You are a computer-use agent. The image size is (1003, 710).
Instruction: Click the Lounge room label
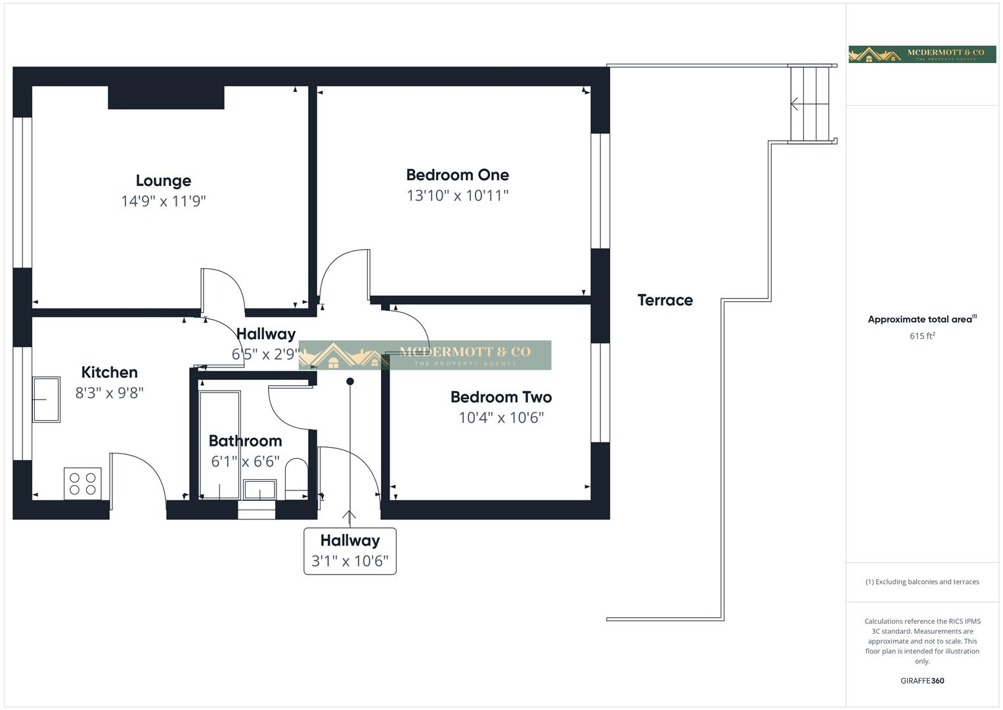click(x=164, y=181)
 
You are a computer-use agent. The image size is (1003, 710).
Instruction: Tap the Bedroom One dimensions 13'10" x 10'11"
click(x=458, y=195)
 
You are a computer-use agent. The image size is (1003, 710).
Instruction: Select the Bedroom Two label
click(x=501, y=397)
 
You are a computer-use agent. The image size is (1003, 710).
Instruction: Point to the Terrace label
click(x=665, y=300)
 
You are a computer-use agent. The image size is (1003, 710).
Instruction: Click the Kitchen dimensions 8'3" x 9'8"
click(x=109, y=392)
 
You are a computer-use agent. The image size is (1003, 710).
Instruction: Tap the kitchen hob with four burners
click(x=83, y=484)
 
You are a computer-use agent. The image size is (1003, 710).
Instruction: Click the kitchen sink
click(x=47, y=400)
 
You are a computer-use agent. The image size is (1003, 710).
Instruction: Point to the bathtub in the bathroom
click(x=219, y=445)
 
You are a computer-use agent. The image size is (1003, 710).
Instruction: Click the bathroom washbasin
click(x=259, y=489)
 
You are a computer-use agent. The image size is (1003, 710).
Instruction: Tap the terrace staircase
click(x=810, y=104)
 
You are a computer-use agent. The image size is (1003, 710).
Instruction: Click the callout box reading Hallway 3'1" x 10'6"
click(x=350, y=551)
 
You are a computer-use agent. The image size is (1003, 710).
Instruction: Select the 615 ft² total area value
click(x=922, y=336)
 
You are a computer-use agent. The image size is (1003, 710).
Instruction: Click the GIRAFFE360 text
click(x=922, y=680)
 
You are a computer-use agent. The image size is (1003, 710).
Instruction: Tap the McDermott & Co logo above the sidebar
click(x=922, y=54)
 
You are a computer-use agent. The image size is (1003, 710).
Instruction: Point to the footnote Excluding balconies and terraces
click(x=922, y=582)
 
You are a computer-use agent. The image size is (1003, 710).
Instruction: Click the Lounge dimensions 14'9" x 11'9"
click(x=164, y=201)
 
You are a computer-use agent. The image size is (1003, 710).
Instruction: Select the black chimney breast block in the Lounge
click(x=166, y=97)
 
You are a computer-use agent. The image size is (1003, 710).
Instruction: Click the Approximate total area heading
click(x=922, y=319)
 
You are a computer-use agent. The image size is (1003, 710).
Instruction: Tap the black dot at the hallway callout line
click(x=350, y=381)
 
